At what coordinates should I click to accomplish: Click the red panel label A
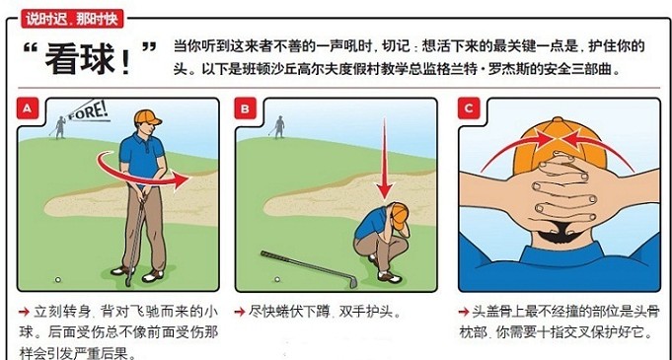click(28, 108)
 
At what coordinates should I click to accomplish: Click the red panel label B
click(245, 108)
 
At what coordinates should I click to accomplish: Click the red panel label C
click(469, 108)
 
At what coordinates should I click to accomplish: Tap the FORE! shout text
click(88, 111)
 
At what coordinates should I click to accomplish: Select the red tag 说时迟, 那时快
click(72, 20)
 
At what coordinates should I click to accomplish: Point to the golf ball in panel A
click(58, 280)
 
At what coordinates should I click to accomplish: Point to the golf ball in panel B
click(277, 279)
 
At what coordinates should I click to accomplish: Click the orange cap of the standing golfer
click(147, 117)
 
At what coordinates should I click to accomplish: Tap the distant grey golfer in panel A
click(60, 127)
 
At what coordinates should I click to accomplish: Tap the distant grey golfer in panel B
click(278, 127)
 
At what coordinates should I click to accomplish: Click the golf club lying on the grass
click(309, 268)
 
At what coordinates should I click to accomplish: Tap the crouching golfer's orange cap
click(400, 216)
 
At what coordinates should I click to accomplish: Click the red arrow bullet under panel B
click(239, 312)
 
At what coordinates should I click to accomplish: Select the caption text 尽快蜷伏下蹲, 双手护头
click(326, 312)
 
